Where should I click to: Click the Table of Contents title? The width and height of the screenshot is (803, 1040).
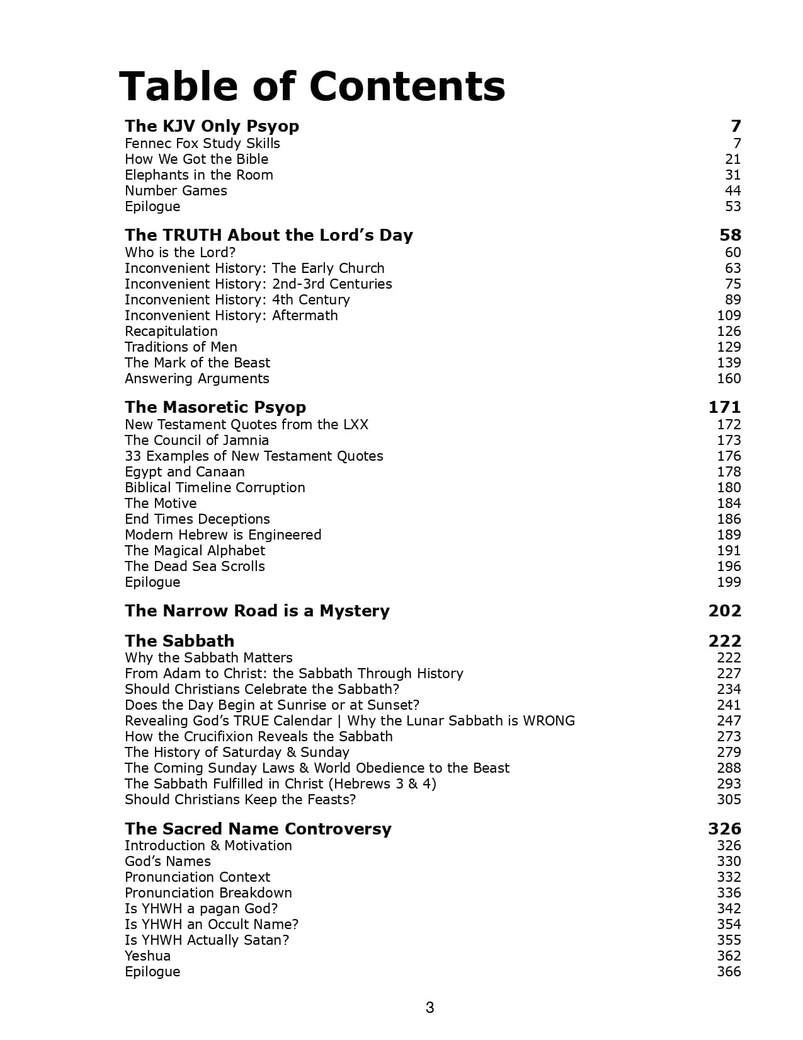[x=312, y=86]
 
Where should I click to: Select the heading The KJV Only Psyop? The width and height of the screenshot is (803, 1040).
[x=212, y=126]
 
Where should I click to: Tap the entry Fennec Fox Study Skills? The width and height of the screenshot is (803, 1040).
[x=202, y=144]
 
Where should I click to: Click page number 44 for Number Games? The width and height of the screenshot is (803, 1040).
[x=732, y=191]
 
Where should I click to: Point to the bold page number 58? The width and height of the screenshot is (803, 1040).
[x=730, y=235]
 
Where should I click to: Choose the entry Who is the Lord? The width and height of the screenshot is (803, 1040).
[x=180, y=253]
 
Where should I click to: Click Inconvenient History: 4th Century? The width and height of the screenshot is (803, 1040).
[x=237, y=300]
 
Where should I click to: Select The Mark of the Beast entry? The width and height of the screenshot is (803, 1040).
[x=197, y=363]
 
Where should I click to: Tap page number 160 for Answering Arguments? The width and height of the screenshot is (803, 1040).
[x=729, y=379]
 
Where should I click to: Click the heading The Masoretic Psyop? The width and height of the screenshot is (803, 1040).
[x=215, y=407]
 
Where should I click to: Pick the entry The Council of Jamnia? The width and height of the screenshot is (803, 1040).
[x=196, y=441]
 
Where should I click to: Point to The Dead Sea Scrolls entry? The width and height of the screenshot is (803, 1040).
[x=195, y=567]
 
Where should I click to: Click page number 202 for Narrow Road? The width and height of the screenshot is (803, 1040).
[x=724, y=611]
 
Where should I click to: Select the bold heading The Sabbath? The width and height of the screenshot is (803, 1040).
[x=179, y=641]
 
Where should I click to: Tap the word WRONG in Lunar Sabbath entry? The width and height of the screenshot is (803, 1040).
[x=549, y=721]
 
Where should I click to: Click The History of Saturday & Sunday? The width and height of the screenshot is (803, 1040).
[x=237, y=753]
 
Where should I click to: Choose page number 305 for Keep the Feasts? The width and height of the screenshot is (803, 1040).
[x=729, y=800]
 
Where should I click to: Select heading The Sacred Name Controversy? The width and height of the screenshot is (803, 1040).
[x=258, y=829]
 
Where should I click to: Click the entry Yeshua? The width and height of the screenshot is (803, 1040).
[x=147, y=956]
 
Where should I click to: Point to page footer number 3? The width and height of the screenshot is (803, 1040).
[x=430, y=1008]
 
